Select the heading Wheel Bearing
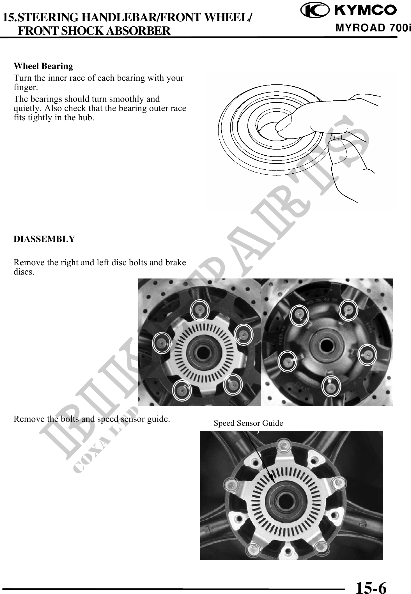pos(43,66)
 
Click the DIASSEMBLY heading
pos(44,239)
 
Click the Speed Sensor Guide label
pos(248,423)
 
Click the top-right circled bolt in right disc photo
pos(348,310)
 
